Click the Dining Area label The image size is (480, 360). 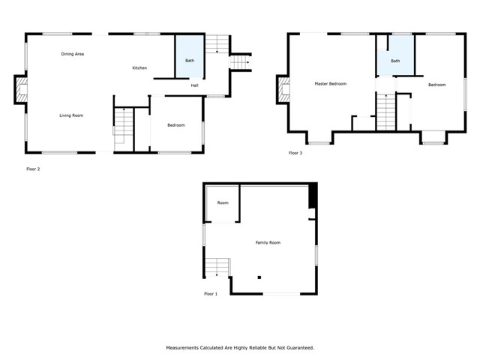pos(72,54)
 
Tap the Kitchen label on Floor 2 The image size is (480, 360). pos(139,68)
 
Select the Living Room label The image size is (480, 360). pos(71,115)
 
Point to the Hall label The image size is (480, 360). pos(194,85)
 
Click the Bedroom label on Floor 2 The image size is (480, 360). pos(175,125)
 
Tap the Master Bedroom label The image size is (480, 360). pos(330,83)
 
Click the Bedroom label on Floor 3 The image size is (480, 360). pos(436,85)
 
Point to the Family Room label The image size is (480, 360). pos(268,242)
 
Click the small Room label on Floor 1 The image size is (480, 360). pos(223,203)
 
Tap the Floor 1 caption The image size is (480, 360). pos(211,294)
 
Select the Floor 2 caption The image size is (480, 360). pos(33,169)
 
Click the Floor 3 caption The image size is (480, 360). pos(295,153)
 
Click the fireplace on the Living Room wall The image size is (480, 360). pos(20,91)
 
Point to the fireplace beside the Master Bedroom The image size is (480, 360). pos(283,89)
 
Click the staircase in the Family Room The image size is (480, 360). pos(218,266)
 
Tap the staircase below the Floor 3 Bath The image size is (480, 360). pos(385,112)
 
